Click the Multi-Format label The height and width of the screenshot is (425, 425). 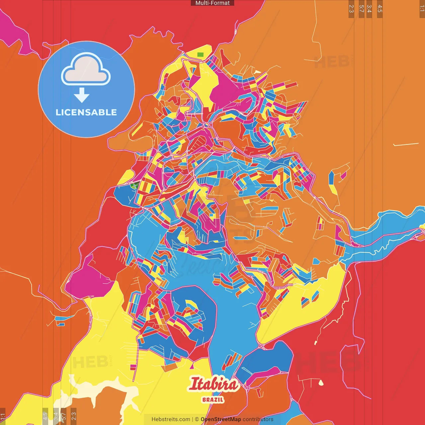click(212, 3)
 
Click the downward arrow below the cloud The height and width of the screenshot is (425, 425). click(82, 95)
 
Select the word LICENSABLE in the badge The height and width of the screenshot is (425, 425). click(86, 112)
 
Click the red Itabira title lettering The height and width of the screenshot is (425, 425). click(213, 384)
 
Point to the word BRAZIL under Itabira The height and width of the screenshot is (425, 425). click(213, 400)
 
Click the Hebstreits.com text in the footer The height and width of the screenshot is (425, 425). click(171, 419)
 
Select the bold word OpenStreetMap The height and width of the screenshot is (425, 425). click(220, 419)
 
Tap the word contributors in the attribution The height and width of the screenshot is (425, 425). click(258, 419)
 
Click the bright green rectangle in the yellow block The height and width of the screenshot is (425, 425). click(200, 54)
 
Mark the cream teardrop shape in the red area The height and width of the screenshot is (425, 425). click(321, 383)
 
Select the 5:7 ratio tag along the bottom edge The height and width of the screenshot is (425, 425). click(64, 416)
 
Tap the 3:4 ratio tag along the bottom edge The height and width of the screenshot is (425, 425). click(56, 416)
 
